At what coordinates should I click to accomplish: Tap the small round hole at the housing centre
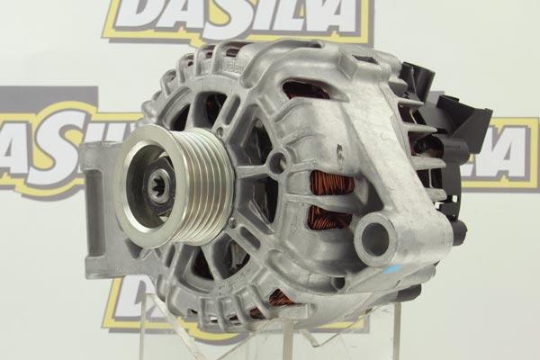click(x=278, y=163)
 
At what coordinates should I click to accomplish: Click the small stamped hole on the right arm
click(x=339, y=148)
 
